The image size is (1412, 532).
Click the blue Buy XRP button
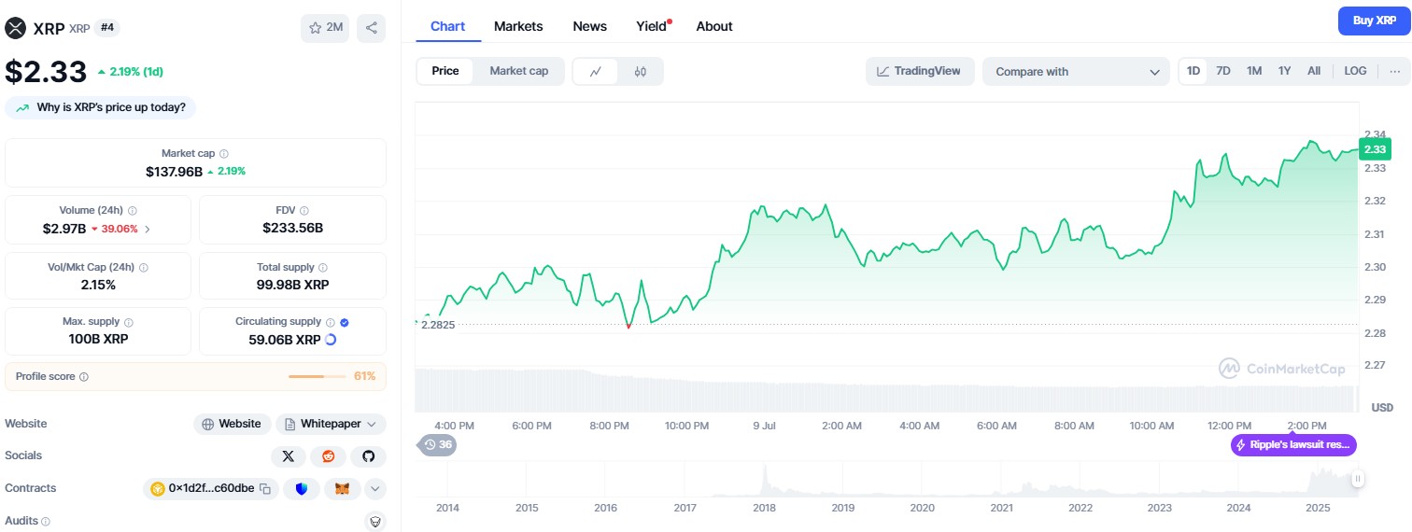click(x=1374, y=21)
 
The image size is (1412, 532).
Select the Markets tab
click(x=518, y=26)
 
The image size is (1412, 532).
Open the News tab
click(x=589, y=26)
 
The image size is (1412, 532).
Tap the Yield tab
click(x=652, y=26)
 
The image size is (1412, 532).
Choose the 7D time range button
click(x=1223, y=71)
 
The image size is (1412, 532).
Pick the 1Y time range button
click(x=1285, y=71)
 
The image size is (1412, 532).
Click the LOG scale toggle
click(x=1355, y=71)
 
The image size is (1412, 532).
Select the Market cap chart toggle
click(x=519, y=71)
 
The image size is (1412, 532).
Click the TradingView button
click(x=919, y=71)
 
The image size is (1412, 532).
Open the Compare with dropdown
click(x=1076, y=72)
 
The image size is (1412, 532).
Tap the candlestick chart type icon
click(x=641, y=72)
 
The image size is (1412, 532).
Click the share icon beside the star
click(x=372, y=28)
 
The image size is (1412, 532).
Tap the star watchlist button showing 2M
click(x=325, y=28)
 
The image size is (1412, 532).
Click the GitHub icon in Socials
click(x=368, y=456)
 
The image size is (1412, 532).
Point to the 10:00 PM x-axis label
click(x=686, y=426)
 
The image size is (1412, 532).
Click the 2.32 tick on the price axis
click(x=1375, y=201)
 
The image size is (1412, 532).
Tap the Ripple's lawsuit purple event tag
click(x=1293, y=445)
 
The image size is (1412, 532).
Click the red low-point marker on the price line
click(x=628, y=327)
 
